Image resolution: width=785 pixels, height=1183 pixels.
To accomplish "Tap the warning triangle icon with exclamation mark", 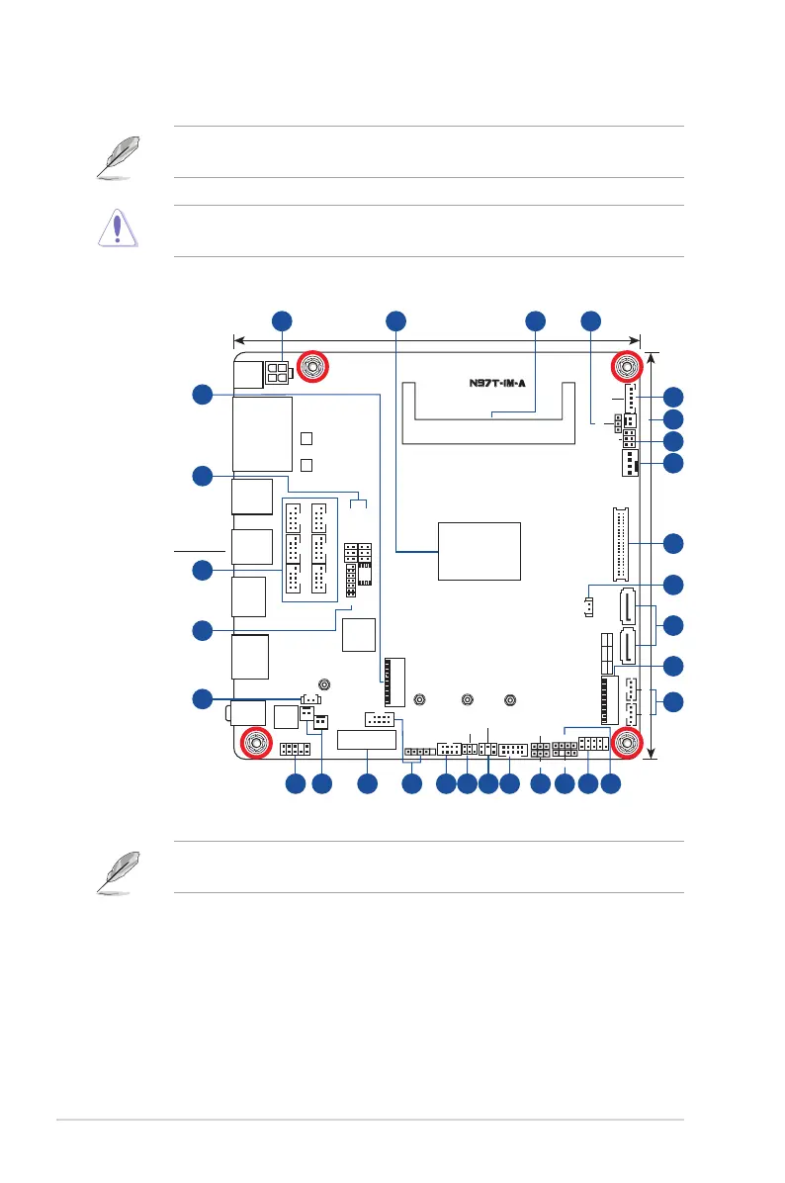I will [x=118, y=229].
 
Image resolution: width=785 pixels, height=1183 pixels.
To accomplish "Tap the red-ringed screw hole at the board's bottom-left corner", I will [x=255, y=742].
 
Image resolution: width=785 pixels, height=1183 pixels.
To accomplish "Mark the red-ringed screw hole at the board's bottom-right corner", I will [x=625, y=742].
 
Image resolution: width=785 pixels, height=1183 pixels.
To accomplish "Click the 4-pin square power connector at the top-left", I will [x=278, y=374].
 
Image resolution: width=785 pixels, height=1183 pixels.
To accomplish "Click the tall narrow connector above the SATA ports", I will [x=621, y=545].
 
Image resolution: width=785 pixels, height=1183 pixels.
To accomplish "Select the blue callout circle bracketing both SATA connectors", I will [x=672, y=624].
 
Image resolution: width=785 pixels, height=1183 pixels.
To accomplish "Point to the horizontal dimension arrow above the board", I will [x=436, y=340].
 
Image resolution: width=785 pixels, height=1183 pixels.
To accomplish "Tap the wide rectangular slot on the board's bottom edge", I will [x=367, y=740].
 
